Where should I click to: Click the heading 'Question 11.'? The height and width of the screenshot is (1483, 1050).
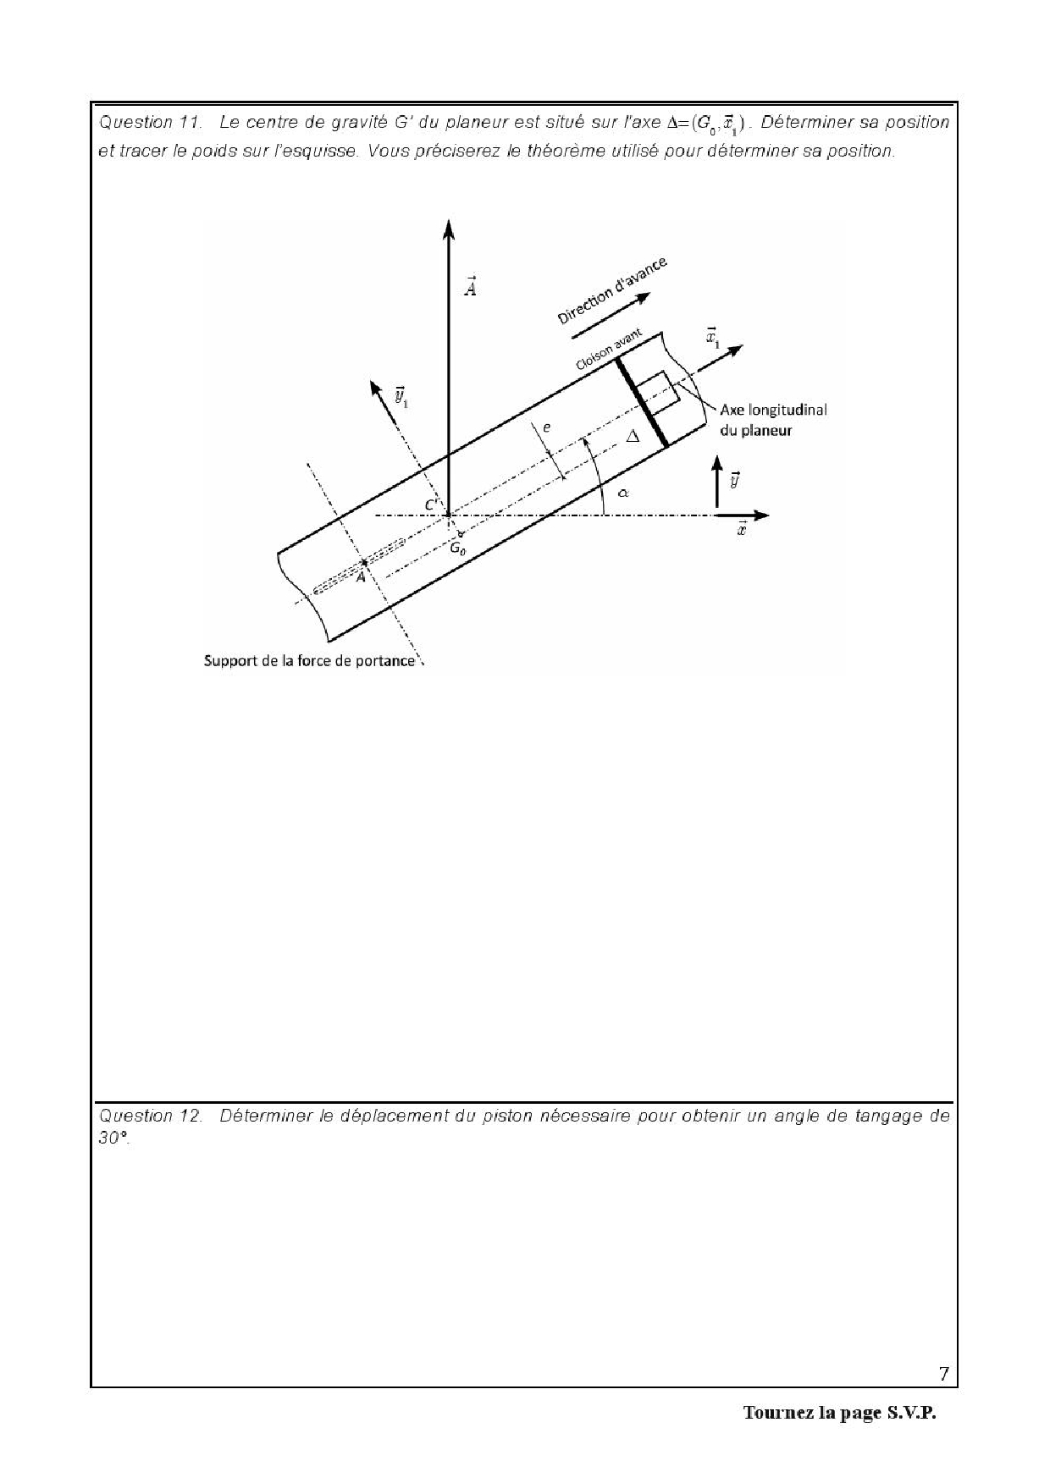click(151, 123)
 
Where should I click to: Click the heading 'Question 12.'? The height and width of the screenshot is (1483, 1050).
click(151, 1116)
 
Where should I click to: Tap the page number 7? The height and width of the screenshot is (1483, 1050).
click(943, 1373)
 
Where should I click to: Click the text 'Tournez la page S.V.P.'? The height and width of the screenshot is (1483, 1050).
click(840, 1413)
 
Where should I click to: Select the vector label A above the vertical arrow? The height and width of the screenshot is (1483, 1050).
click(471, 286)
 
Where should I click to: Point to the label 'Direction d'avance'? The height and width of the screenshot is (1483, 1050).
click(611, 290)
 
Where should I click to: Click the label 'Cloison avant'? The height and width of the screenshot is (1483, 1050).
click(609, 350)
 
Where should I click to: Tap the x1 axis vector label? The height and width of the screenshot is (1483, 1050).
click(712, 339)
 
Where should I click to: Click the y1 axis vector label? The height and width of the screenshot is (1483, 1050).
click(401, 396)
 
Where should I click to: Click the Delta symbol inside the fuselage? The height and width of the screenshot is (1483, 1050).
click(632, 437)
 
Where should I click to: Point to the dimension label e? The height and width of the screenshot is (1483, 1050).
click(546, 427)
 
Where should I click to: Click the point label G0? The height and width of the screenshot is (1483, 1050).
click(457, 548)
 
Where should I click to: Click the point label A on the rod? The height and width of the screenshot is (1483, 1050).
click(361, 576)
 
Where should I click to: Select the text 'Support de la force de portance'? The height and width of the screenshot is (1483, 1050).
click(310, 660)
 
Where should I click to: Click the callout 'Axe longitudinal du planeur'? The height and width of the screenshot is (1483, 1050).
click(773, 420)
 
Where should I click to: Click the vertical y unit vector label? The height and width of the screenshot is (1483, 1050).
click(735, 479)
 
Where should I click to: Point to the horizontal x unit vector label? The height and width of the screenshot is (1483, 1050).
click(742, 531)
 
